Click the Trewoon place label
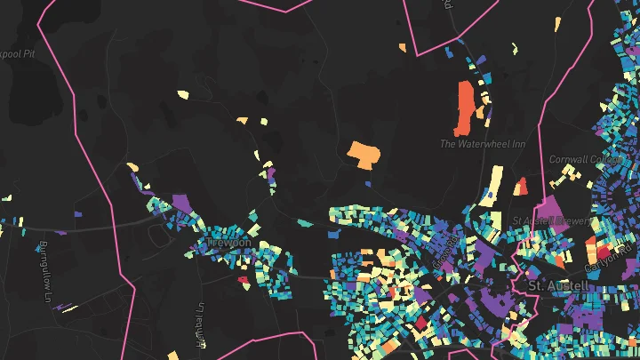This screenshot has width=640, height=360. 228,242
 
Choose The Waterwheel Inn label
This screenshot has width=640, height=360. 476,143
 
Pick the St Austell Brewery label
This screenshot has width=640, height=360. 546,220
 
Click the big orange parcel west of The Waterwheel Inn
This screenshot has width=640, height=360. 363,154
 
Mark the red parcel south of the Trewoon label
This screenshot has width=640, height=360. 243,280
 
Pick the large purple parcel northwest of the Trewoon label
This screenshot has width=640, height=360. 182,204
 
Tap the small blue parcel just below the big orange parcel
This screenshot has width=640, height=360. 368,184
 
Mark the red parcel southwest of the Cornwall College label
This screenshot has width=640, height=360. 521,185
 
